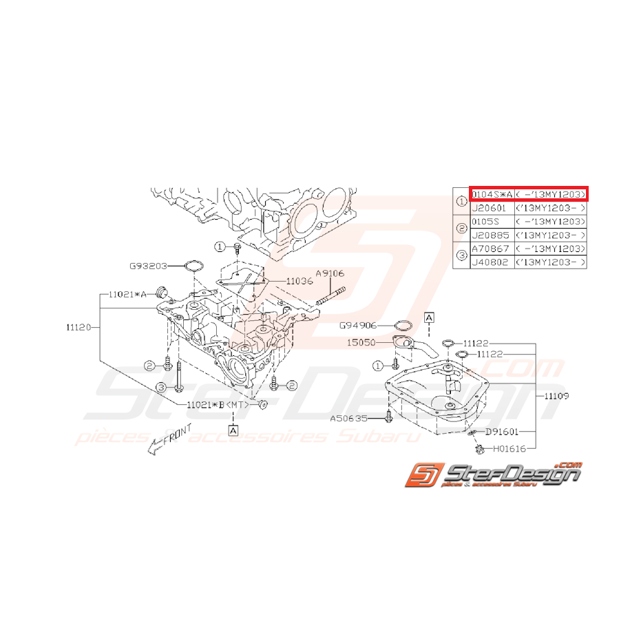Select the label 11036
click(x=300, y=281)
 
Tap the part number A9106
click(x=330, y=273)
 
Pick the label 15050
click(x=361, y=341)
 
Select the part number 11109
click(x=556, y=396)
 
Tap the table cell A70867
click(x=492, y=249)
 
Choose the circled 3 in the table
click(x=461, y=256)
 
